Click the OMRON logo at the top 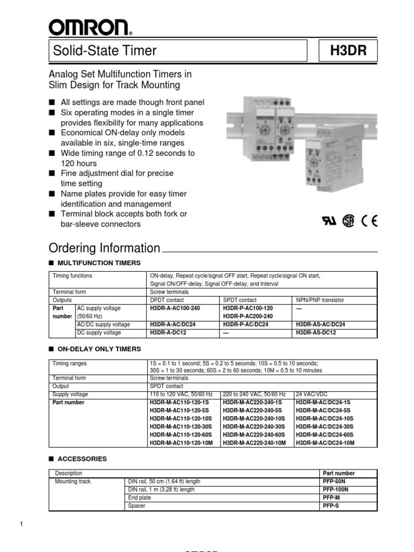[88, 26]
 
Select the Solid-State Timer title [105, 51]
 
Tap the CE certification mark [370, 222]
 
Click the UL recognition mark [328, 222]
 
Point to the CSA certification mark [349, 222]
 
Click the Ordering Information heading [105, 248]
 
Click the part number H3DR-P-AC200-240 [247, 316]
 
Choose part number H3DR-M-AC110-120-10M [181, 443]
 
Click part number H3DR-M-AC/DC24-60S [325, 434]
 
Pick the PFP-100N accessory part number [335, 489]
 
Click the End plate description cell [139, 498]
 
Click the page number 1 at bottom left [20, 525]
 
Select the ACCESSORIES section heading [82, 459]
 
